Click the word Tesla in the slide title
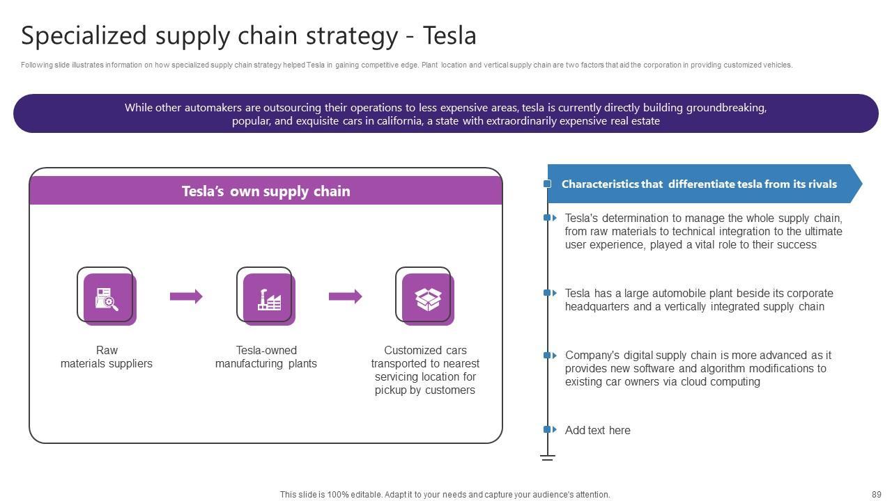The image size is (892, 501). pos(449,35)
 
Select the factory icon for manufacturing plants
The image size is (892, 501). pos(268,298)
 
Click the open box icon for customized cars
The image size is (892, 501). pos(426,298)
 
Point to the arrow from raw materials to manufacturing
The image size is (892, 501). pos(186,296)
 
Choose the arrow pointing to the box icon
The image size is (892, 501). pos(345,296)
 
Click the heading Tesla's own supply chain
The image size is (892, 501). pos(266,191)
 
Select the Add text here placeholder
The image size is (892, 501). pos(597,431)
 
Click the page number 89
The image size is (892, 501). pos(876,495)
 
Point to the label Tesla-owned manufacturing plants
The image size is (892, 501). pos(266,357)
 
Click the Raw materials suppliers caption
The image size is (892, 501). pos(107,357)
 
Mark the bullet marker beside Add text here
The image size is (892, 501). pos(549,430)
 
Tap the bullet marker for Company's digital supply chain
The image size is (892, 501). pos(549,355)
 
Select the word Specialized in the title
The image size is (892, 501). pos(84,35)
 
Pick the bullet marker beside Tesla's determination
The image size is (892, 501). pos(549,218)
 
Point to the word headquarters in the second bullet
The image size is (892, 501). pos(597,307)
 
